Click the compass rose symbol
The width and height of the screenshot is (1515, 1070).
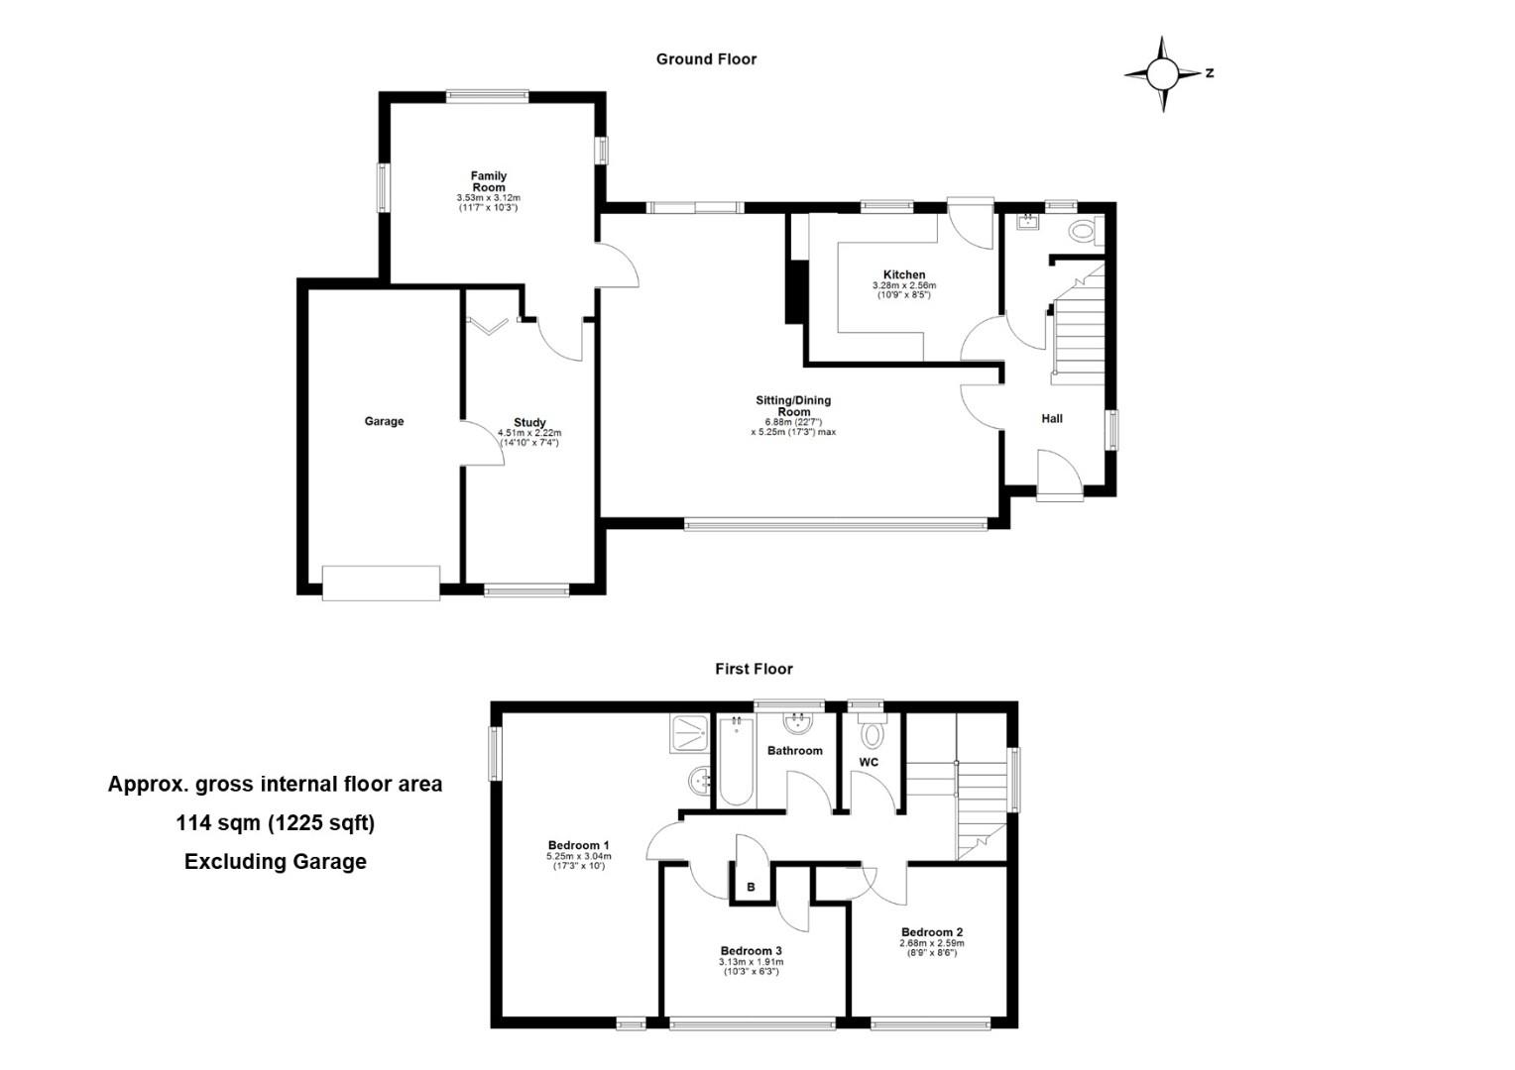pyautogui.click(x=1163, y=73)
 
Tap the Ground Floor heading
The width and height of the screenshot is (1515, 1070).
pyautogui.click(x=706, y=59)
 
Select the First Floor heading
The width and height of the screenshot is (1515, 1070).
pyautogui.click(x=754, y=669)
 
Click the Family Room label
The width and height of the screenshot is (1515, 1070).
pyautogui.click(x=489, y=181)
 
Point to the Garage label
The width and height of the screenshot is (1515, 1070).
pyautogui.click(x=384, y=421)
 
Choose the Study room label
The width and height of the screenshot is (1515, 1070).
pyautogui.click(x=529, y=422)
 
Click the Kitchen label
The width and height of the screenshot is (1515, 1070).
pyautogui.click(x=904, y=274)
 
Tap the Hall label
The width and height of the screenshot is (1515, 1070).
pyautogui.click(x=1052, y=418)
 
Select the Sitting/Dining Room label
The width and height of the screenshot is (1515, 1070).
pyautogui.click(x=793, y=405)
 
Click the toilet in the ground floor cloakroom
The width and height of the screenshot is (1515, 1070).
pyautogui.click(x=1087, y=231)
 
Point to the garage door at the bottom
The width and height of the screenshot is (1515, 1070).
pyautogui.click(x=381, y=583)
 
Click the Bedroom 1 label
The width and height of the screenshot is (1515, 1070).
pyautogui.click(x=578, y=845)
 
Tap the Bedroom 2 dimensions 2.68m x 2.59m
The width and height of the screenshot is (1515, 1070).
pyautogui.click(x=931, y=943)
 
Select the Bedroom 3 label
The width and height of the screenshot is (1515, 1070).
pyautogui.click(x=751, y=950)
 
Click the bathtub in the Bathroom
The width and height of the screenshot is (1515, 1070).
pyautogui.click(x=736, y=761)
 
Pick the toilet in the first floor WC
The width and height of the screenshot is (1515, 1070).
pyautogui.click(x=872, y=732)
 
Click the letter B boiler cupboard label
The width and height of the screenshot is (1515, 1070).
pyautogui.click(x=751, y=887)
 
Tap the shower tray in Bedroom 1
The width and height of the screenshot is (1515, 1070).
pyautogui.click(x=689, y=734)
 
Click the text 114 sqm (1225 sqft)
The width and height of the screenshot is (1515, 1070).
pyautogui.click(x=276, y=823)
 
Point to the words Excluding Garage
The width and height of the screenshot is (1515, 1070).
pyautogui.click(x=276, y=861)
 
